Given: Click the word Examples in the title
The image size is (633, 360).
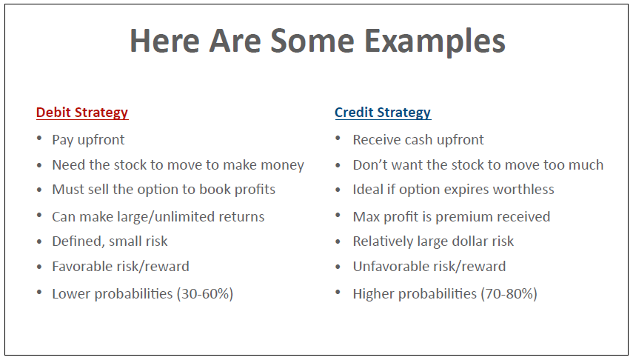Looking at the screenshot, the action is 435,42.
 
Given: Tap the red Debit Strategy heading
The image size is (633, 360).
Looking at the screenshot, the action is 82,113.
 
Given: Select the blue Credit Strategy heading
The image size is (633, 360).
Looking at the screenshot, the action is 383,113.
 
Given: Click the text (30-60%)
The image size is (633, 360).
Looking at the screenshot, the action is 205,294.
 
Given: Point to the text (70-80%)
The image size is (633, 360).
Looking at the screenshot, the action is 509,294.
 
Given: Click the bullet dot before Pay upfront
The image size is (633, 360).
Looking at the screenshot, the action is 39,139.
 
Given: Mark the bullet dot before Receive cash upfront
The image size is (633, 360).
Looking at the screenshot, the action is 338,139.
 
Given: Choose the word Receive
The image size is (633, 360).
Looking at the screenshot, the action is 377,140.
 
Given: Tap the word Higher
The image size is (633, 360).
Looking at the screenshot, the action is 373,294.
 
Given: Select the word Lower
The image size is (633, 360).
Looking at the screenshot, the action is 71,294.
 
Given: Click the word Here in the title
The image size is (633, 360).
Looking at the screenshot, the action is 164,42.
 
